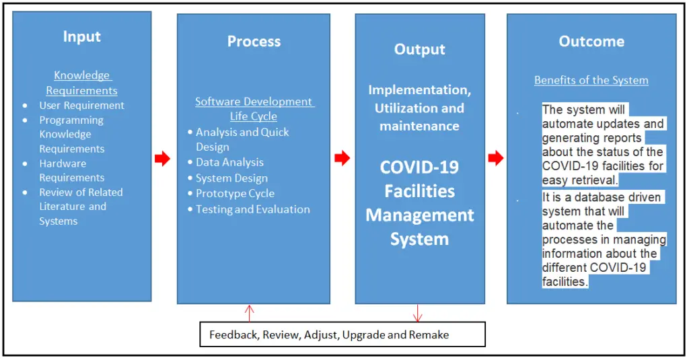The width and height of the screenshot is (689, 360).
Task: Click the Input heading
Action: point(81,36)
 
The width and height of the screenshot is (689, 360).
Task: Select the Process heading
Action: point(254,42)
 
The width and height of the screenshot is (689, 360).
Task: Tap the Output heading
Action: point(420,50)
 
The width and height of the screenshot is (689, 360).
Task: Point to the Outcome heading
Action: point(591,42)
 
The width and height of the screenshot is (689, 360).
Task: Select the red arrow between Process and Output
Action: point(342,159)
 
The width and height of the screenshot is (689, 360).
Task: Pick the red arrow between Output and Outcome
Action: point(496,159)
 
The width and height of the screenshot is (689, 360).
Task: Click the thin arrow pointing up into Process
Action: point(250,313)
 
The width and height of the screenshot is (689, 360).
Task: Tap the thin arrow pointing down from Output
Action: point(418,313)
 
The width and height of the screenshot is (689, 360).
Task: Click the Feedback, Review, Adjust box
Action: point(342,334)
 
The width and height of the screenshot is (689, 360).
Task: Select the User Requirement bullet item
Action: point(81,106)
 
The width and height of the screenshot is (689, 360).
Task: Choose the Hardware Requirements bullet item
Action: point(71,170)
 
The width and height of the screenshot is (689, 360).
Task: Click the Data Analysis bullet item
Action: point(229,162)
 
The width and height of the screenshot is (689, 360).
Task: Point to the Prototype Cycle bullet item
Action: point(235,194)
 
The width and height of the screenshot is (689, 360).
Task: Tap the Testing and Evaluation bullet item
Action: point(252,209)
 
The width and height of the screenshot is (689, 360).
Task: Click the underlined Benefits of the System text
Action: point(591,80)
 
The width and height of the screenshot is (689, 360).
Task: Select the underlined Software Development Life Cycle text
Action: point(254,109)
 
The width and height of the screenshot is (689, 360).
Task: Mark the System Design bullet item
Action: point(231,178)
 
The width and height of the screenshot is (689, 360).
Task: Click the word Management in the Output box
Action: point(420,215)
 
